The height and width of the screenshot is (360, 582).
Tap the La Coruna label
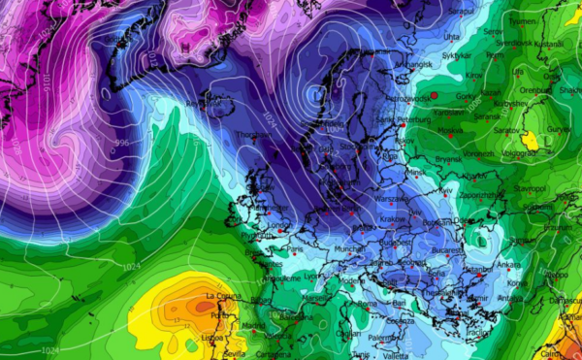pos(222,295)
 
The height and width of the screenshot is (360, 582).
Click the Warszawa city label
pos(392,198)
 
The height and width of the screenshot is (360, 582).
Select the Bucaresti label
pos(451,248)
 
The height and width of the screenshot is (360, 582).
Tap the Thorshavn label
pos(251,134)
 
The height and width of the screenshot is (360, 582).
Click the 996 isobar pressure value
pos(121,143)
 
